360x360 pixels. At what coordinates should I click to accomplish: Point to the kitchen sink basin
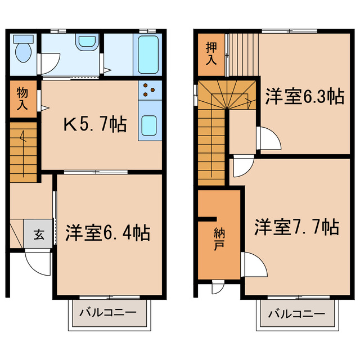point(150,125)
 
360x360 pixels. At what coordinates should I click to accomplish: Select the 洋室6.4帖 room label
point(107,232)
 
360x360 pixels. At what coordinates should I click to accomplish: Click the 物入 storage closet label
point(22,99)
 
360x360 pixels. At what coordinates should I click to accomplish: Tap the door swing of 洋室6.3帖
point(268,138)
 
